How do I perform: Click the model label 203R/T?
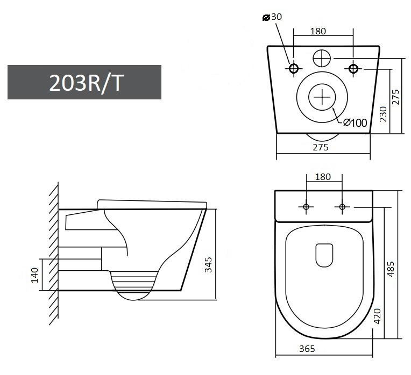(x=84, y=82)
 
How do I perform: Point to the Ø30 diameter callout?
(x=272, y=17)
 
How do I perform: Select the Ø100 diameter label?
(x=355, y=122)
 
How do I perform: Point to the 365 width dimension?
(x=307, y=349)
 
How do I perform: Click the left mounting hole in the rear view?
(x=294, y=68)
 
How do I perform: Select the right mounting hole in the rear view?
(x=353, y=68)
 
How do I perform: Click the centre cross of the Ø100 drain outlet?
(x=322, y=97)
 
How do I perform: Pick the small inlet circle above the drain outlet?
(x=322, y=57)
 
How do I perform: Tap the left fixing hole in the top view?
(x=306, y=207)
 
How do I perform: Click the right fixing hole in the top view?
(x=342, y=207)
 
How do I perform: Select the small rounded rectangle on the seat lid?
(x=323, y=255)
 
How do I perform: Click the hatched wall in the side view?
(x=53, y=253)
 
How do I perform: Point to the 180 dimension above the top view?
(x=323, y=176)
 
